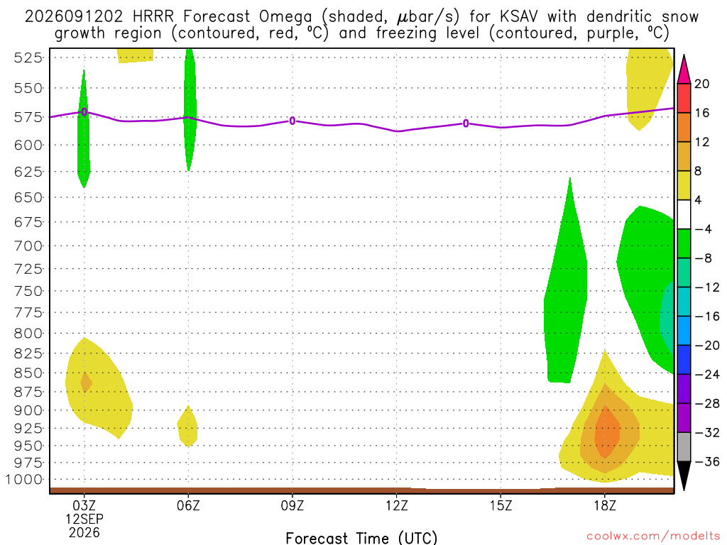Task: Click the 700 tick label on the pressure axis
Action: [x=28, y=246]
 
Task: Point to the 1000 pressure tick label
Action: [x=23, y=479]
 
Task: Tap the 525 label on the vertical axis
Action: [x=28, y=57]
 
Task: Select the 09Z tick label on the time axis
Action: [x=292, y=505]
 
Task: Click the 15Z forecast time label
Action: [x=501, y=505]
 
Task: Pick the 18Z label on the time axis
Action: [x=605, y=505]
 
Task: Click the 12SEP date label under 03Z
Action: [x=84, y=519]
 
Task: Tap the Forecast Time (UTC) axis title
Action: [x=361, y=538]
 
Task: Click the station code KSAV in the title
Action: [x=519, y=17]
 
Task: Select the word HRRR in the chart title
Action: [x=153, y=17]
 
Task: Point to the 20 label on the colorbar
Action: [x=702, y=84]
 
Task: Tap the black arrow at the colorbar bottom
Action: [x=684, y=475]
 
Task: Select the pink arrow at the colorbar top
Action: [x=684, y=70]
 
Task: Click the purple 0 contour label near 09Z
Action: [x=292, y=121]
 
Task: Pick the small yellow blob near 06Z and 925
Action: [x=187, y=426]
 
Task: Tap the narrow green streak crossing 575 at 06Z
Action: [x=190, y=109]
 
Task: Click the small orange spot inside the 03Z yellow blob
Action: [x=86, y=382]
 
